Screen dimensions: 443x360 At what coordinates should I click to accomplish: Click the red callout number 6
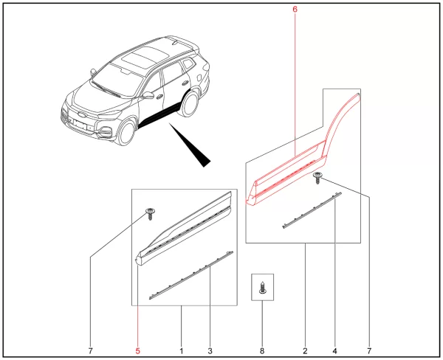point(295,10)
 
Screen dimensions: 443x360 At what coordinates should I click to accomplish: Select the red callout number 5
point(137,351)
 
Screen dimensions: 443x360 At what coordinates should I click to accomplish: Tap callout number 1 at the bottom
point(182,351)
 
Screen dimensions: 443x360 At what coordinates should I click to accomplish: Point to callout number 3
point(210,351)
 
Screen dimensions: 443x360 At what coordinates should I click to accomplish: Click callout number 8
point(262,351)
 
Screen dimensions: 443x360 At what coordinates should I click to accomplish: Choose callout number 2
point(305,351)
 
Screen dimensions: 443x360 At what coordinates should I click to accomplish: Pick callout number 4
point(334,351)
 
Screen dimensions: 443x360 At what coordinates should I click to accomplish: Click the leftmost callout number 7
point(90,351)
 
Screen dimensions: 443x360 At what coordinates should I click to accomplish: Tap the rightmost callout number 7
point(369,351)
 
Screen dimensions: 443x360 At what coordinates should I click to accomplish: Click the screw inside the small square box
point(262,288)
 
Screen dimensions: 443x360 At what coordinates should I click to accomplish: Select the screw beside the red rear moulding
point(317,178)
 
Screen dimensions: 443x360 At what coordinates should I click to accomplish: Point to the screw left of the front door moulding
point(151,214)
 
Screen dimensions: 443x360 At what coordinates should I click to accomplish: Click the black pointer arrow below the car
point(190,145)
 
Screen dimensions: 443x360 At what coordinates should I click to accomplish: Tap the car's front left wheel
point(126,133)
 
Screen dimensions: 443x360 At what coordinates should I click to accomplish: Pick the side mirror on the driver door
point(148,95)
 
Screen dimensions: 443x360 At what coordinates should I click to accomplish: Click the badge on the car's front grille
point(81,115)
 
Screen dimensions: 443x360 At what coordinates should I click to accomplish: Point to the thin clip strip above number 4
point(312,210)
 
